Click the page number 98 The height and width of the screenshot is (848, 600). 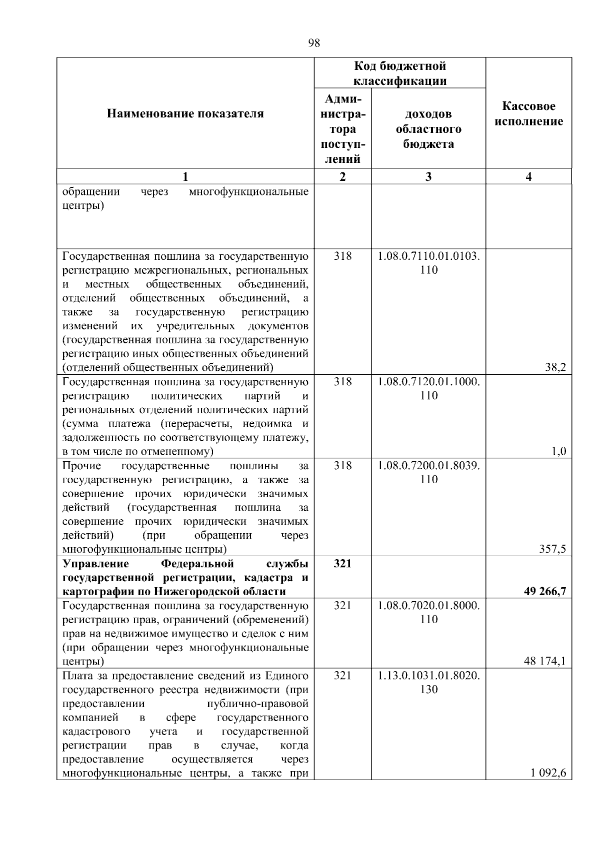point(313,43)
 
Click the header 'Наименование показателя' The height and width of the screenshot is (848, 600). point(185,114)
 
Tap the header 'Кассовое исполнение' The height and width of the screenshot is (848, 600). point(528,114)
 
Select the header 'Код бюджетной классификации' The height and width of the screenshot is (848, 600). point(400,73)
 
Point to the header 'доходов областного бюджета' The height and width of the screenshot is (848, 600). point(428,129)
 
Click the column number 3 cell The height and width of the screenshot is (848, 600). point(428,176)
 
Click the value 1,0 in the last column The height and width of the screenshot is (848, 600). point(558,452)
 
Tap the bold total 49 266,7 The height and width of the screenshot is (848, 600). point(544,592)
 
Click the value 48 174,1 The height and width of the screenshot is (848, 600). point(544,662)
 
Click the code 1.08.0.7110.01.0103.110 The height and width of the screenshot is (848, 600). point(428,263)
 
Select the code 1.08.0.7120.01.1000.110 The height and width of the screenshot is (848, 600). point(428,389)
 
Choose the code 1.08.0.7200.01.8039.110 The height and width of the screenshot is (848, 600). point(428,473)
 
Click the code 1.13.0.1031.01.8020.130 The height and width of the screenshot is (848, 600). point(428,683)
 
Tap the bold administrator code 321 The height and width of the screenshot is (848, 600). point(342,564)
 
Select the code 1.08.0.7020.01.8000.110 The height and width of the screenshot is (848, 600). point(428,613)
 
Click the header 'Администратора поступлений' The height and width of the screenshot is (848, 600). point(342,129)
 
